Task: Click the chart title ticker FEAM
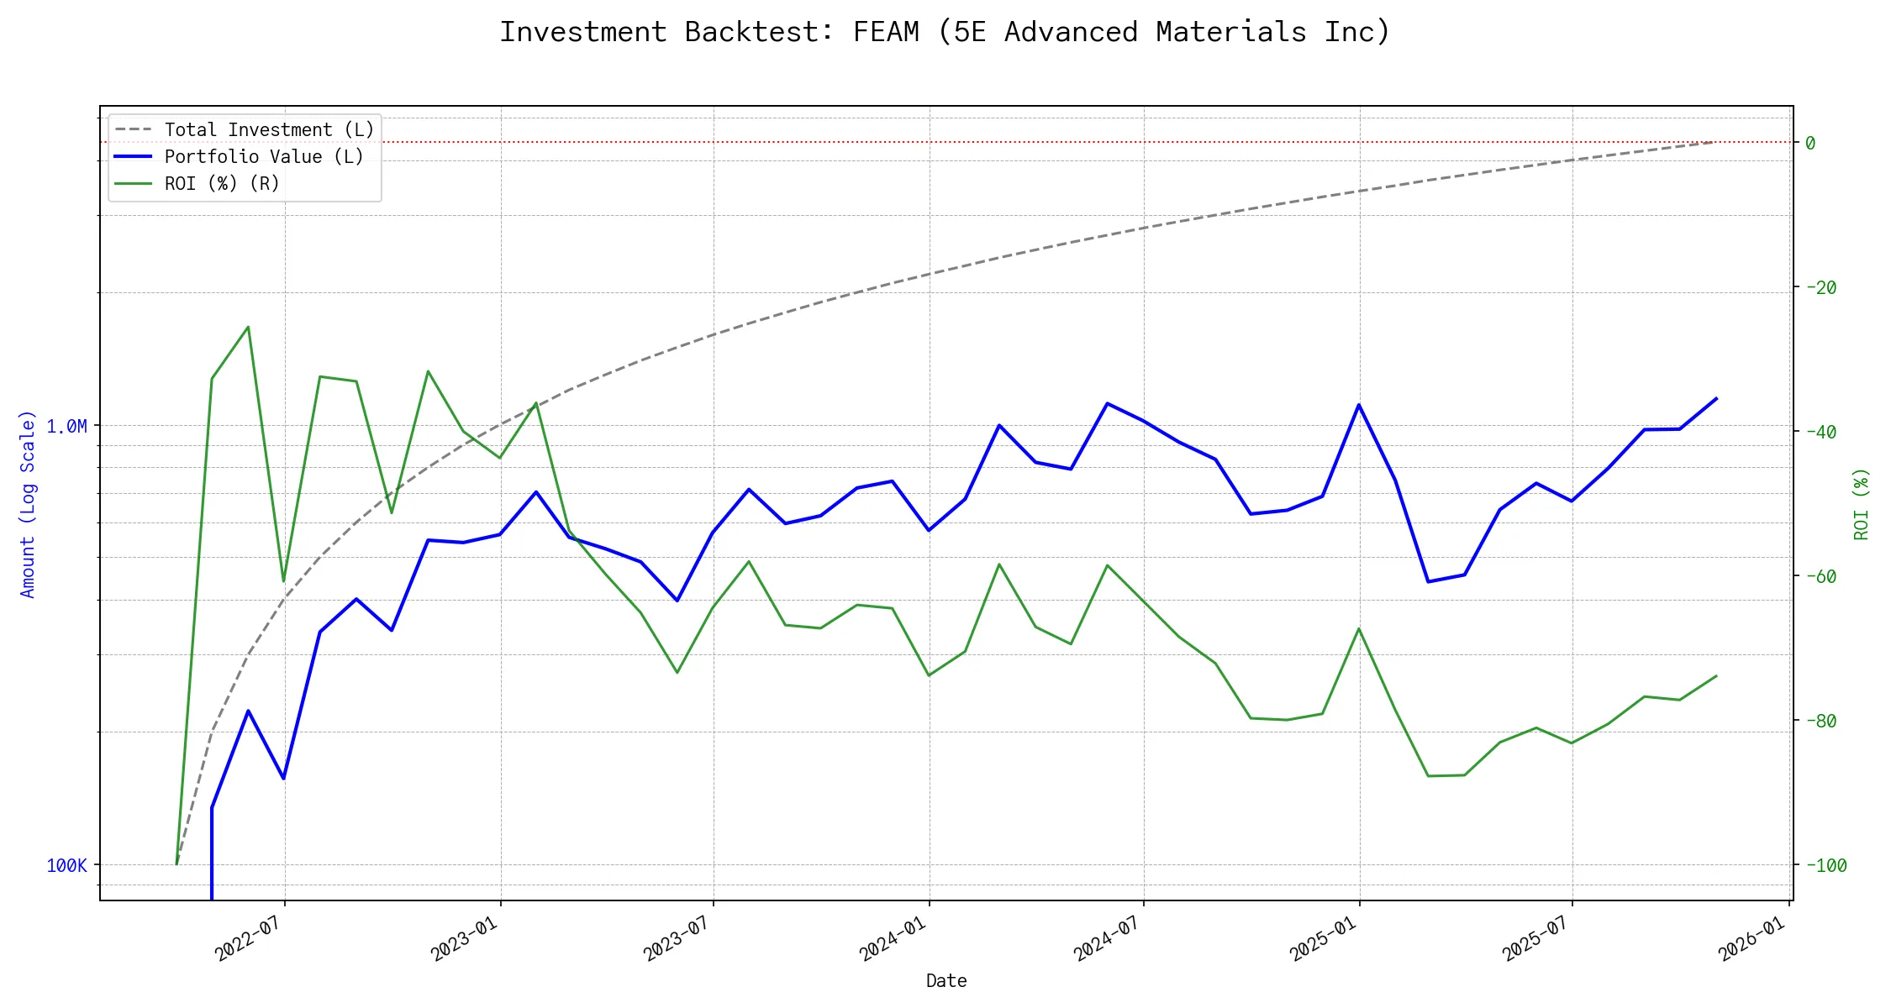886,32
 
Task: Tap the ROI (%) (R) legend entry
222,184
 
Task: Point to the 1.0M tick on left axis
66,427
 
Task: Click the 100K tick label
66,866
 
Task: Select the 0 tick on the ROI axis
1810,144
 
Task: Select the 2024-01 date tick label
892,938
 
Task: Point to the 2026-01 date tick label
1751,938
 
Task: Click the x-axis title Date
946,981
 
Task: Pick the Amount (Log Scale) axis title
28,504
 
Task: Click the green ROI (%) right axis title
1862,504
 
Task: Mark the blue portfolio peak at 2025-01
1359,405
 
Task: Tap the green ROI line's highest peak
248,327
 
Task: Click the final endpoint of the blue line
1716,398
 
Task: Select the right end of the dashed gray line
1715,142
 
